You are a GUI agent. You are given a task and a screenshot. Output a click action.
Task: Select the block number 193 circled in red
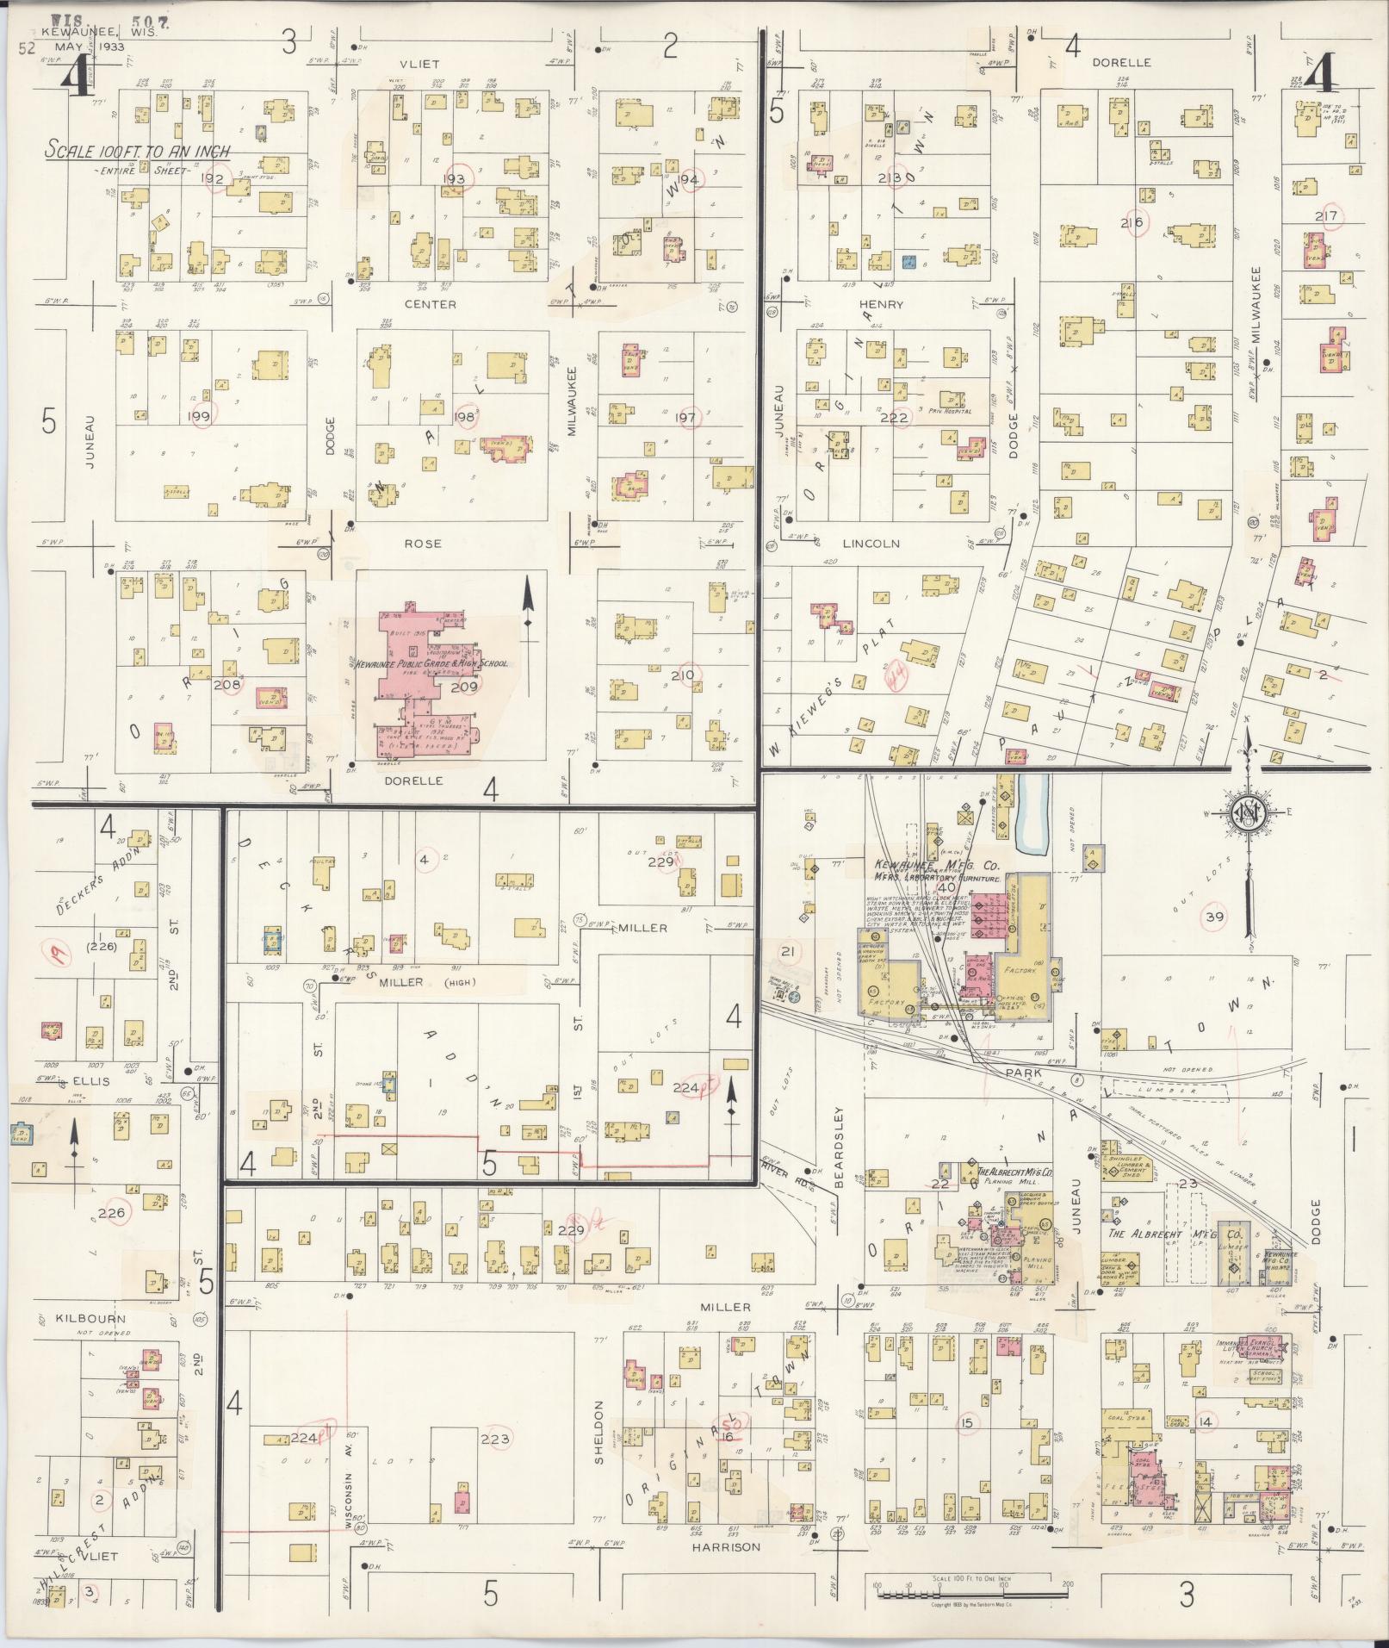(454, 178)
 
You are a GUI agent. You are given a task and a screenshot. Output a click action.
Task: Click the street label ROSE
(422, 544)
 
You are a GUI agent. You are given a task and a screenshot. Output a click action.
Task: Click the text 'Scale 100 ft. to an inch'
(138, 151)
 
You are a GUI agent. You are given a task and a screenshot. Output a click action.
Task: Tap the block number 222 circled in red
(900, 417)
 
